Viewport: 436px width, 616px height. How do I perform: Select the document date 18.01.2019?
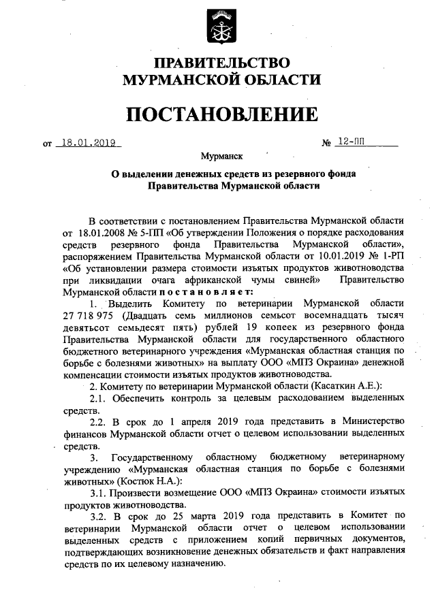coord(87,143)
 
